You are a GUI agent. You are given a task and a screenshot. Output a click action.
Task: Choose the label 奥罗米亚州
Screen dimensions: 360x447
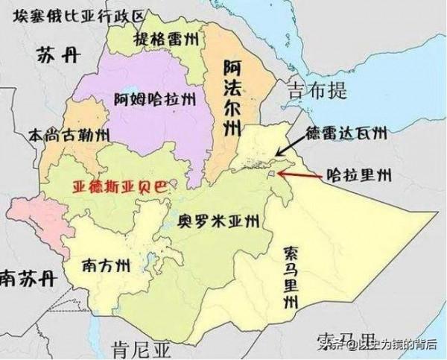[219, 221]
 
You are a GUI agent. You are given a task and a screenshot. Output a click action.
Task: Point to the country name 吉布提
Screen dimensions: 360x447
[318, 92]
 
